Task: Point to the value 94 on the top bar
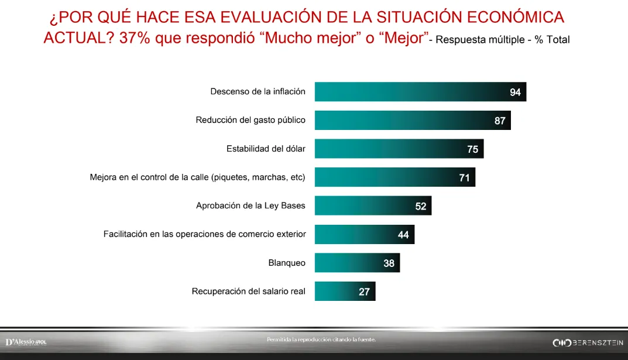pos(515,92)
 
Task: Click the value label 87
pos(499,121)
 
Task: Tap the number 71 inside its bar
pos(464,177)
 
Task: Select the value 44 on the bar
pos(403,235)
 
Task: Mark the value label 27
pos(364,292)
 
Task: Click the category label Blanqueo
pos(287,263)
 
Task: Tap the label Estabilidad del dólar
pos(266,149)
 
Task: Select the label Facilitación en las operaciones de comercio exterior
pos(204,234)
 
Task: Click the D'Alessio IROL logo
pos(26,342)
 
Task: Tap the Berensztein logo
pos(588,342)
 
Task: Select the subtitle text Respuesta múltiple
pos(480,40)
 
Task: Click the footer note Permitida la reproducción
pos(321,340)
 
